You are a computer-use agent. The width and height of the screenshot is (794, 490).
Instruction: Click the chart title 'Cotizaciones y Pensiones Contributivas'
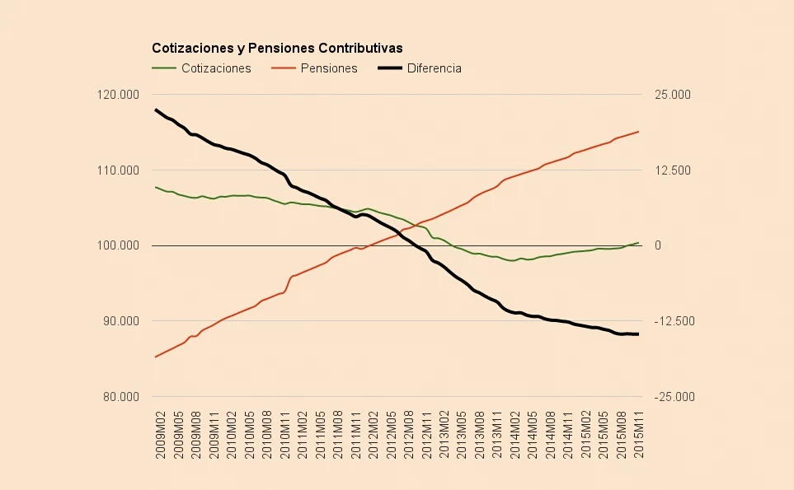[276, 49]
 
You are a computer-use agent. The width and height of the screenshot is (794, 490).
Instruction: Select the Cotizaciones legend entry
[215, 68]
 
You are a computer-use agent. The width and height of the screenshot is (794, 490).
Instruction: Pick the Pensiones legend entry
[329, 68]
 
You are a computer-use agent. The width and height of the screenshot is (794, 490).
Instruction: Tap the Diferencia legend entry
[434, 68]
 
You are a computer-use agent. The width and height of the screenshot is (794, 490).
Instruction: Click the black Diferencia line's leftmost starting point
[156, 110]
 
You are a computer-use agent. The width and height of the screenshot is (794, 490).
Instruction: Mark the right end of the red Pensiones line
[639, 131]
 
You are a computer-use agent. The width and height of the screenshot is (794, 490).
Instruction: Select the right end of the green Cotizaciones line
[639, 242]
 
